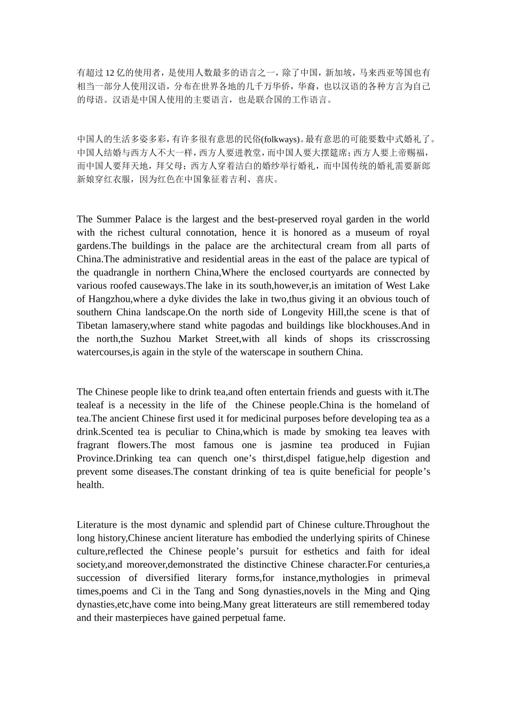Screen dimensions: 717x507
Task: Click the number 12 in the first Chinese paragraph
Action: click(x=109, y=73)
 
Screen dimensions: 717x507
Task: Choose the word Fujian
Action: click(x=413, y=445)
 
